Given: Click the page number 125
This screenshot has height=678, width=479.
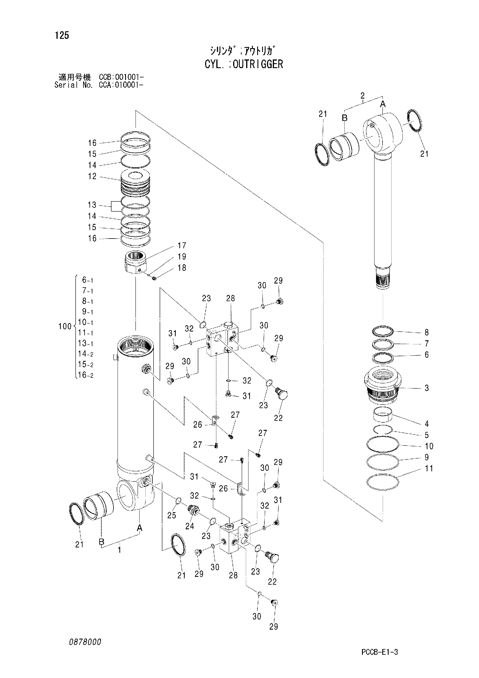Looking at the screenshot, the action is [x=62, y=35].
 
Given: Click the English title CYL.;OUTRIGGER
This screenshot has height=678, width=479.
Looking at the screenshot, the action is [x=244, y=64].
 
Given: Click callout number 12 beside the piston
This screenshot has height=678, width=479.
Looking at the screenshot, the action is [x=92, y=176].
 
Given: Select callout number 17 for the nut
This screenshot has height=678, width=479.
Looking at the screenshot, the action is [x=182, y=246].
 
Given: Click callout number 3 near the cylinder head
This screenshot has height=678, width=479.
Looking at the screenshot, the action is [x=427, y=388].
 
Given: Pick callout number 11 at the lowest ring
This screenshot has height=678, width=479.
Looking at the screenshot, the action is [x=429, y=468].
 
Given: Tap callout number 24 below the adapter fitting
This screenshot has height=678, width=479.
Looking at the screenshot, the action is [x=190, y=526].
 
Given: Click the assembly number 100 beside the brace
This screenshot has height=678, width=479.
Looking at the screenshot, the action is [x=65, y=326].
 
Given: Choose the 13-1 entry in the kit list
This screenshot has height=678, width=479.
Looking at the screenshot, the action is [x=85, y=343].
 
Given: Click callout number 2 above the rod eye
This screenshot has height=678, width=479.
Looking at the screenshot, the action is [x=363, y=95].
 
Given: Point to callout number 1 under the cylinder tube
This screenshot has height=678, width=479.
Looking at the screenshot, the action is [x=119, y=550].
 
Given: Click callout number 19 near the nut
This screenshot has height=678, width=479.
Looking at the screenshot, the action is [x=182, y=257].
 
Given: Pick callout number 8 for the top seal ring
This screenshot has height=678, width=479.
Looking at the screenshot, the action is [x=427, y=332].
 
